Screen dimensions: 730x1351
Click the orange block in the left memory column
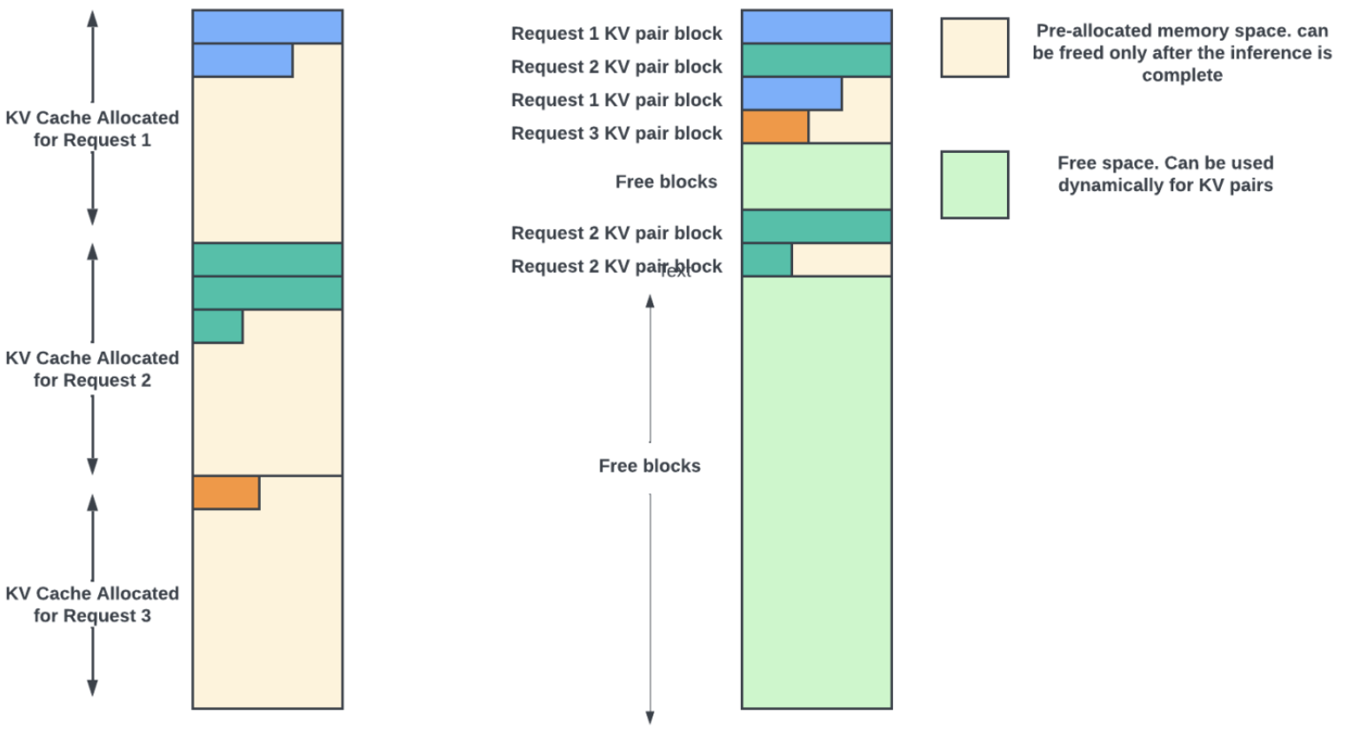coord(226,492)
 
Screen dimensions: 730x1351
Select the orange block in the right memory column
coord(775,127)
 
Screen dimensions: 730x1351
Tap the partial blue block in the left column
coord(242,60)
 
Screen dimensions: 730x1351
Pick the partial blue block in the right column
coord(791,94)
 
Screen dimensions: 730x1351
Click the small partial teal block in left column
coord(218,326)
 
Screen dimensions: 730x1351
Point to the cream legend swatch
coord(974,48)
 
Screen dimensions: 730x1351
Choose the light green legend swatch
coord(974,185)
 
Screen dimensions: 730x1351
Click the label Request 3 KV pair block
coord(616,133)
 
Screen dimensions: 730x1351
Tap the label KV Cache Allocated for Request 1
coord(92,129)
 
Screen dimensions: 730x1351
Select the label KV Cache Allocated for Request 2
coord(92,369)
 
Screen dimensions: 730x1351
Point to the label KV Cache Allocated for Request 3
coord(92,605)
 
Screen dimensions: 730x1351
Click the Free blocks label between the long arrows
coord(649,466)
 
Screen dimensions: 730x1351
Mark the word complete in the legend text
coord(1182,75)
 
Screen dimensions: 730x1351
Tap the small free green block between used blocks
coord(816,176)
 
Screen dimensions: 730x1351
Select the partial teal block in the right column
coord(767,260)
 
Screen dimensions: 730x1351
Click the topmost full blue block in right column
coord(816,27)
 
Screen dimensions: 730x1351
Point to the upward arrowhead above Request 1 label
coord(92,19)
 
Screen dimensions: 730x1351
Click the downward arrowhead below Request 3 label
coord(92,688)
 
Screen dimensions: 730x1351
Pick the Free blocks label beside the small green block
coord(666,182)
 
